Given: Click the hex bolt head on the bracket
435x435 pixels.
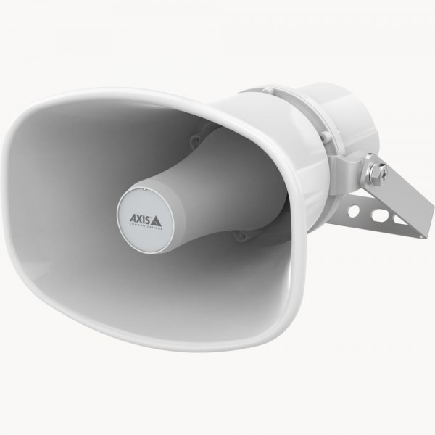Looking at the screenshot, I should coord(376,173).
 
